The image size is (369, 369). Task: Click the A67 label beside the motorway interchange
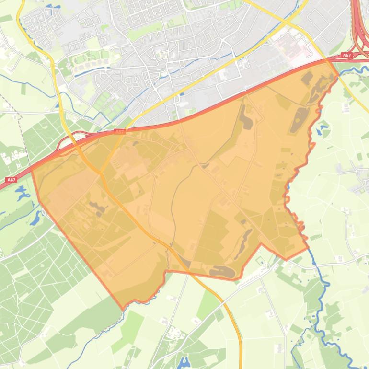point(347,56)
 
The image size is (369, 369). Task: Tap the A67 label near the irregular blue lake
point(12,180)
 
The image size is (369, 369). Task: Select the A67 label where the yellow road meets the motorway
point(120,131)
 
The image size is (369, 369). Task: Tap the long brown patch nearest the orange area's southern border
point(221,272)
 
